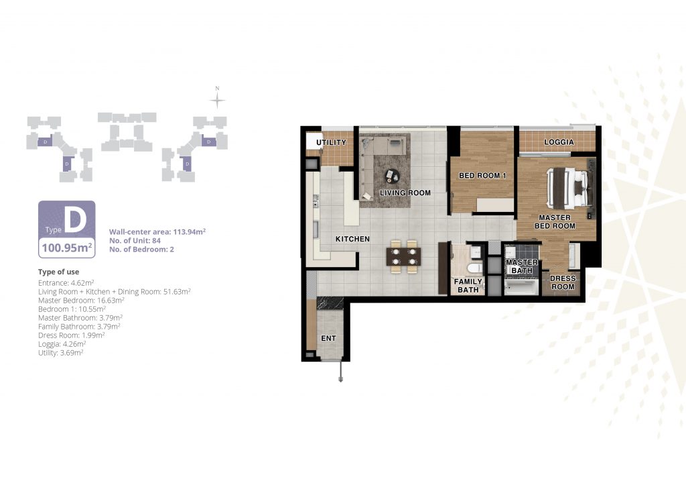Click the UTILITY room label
(x=331, y=142)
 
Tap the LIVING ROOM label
(x=405, y=193)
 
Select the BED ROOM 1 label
(x=482, y=176)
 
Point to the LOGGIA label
(x=559, y=142)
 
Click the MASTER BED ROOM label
(x=555, y=221)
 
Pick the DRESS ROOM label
(x=563, y=282)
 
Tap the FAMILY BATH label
(x=468, y=286)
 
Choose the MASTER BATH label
(x=522, y=266)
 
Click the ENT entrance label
(x=328, y=338)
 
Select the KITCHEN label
(x=352, y=239)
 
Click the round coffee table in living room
(x=392, y=176)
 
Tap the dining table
(x=403, y=257)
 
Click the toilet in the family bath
(x=474, y=268)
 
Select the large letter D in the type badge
(x=75, y=220)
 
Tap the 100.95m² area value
(x=67, y=248)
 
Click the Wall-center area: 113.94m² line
(x=157, y=231)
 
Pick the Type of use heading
(x=59, y=272)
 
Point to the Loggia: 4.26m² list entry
(x=62, y=344)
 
